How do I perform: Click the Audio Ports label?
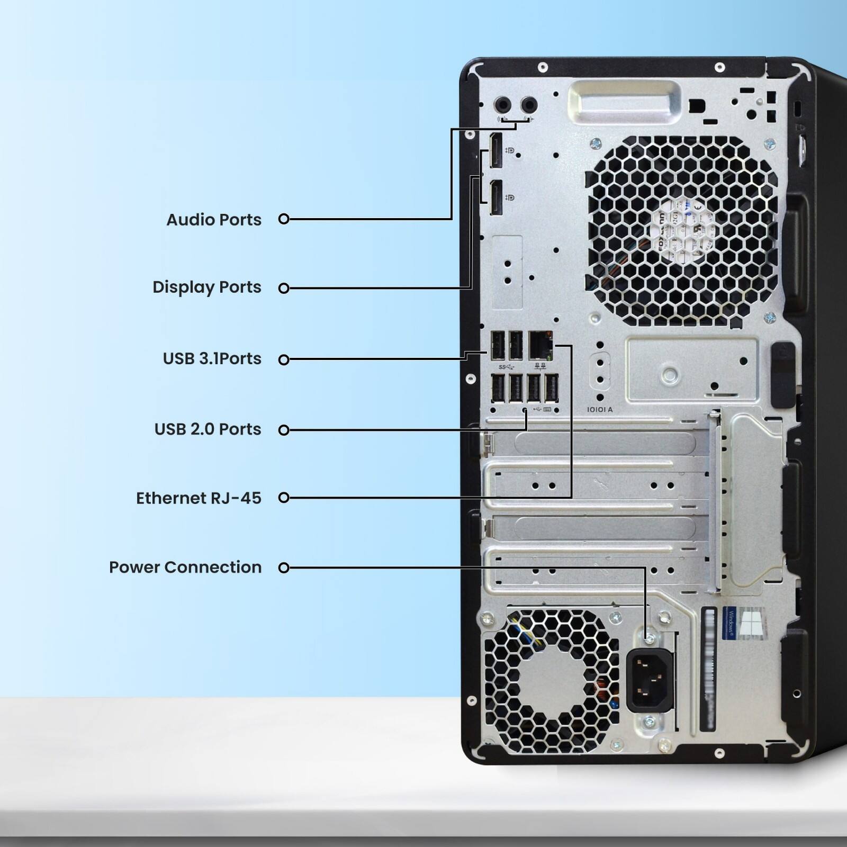pos(214,220)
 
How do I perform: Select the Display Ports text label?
pos(207,287)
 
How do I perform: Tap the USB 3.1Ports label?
pos(212,358)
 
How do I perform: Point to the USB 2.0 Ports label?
pos(208,429)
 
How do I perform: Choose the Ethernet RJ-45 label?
pos(199,498)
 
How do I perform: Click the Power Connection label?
pos(185,567)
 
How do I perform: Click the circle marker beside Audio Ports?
pos(284,219)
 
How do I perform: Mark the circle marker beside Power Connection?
pos(284,567)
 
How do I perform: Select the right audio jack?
pos(528,105)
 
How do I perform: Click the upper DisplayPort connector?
pos(495,151)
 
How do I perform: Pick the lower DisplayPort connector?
pos(495,197)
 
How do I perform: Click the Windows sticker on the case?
pos(743,623)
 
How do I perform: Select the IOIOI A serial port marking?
pos(600,410)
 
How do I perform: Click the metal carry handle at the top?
pos(625,102)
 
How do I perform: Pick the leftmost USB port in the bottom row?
pos(498,389)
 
